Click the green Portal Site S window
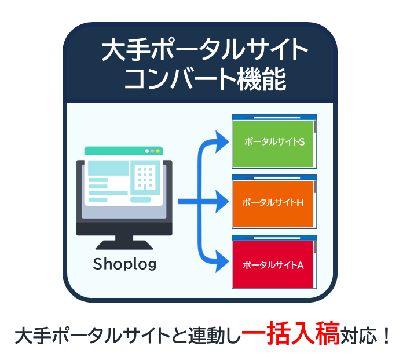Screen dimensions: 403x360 coord(274,141)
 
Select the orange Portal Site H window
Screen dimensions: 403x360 coord(274,202)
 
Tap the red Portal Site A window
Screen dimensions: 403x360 coord(274,262)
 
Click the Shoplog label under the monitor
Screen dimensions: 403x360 coord(124,264)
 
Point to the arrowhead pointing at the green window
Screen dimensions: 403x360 coord(222,141)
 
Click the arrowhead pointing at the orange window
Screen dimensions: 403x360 coord(222,202)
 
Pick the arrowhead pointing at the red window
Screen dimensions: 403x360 coord(222,261)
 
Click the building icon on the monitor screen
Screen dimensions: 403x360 coord(145,177)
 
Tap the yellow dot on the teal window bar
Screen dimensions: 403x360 coord(158,151)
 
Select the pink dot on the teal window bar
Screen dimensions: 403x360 coord(152,151)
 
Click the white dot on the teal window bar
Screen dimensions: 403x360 coord(147,151)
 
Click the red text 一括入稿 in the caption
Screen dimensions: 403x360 coord(291,333)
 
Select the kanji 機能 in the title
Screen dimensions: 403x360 coord(262,79)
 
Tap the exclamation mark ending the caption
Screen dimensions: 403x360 coord(386,336)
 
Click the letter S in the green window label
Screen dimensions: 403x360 coord(302,141)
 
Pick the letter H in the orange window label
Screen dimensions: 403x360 coord(300,203)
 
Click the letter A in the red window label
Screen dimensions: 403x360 coord(301,265)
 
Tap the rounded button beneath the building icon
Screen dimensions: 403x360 coord(141,199)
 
